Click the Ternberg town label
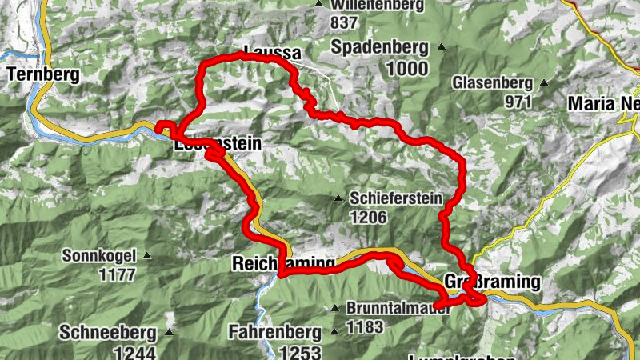click(x=44, y=75)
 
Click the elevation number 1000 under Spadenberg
click(x=406, y=68)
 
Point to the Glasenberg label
click(x=492, y=82)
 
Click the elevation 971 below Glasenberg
click(x=518, y=102)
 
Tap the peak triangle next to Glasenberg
click(x=544, y=82)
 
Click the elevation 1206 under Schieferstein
click(x=368, y=217)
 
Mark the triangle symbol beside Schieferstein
click(x=338, y=198)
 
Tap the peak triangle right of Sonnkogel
click(x=147, y=256)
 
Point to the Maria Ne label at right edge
click(x=603, y=103)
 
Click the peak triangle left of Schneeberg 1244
click(x=169, y=331)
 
